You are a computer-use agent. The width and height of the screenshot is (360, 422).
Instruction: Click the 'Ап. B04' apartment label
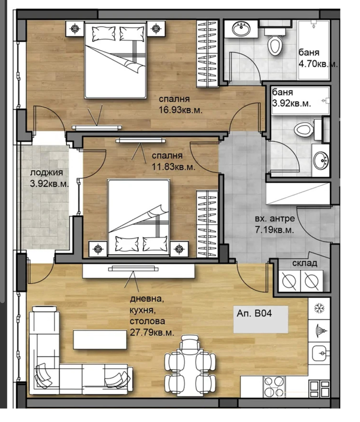tap(254, 313)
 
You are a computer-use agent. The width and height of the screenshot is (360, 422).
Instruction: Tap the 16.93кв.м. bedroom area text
tap(181, 111)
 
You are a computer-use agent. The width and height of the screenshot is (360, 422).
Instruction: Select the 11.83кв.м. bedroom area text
tap(173, 167)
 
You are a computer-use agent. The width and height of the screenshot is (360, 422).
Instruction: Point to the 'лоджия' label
tap(46, 173)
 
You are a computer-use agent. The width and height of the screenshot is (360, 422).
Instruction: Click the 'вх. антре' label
tap(275, 219)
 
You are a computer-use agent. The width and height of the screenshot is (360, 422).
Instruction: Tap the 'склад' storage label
tap(305, 263)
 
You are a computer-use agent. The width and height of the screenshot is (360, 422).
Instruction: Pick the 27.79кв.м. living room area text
tap(152, 333)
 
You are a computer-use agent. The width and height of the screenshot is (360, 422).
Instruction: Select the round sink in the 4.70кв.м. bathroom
tap(241, 29)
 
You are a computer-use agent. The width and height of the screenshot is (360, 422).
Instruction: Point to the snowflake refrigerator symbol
tap(319, 308)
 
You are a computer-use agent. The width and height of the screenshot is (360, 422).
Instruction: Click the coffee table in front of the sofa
tap(100, 340)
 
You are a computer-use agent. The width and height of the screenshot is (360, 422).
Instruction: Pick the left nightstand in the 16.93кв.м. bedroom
tap(75, 29)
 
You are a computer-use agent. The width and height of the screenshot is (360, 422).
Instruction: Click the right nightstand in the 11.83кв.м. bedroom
tap(179, 249)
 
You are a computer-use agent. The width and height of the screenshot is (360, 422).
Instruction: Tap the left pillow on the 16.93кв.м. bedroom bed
tap(103, 34)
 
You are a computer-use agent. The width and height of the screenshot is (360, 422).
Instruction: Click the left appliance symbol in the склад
tap(289, 281)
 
